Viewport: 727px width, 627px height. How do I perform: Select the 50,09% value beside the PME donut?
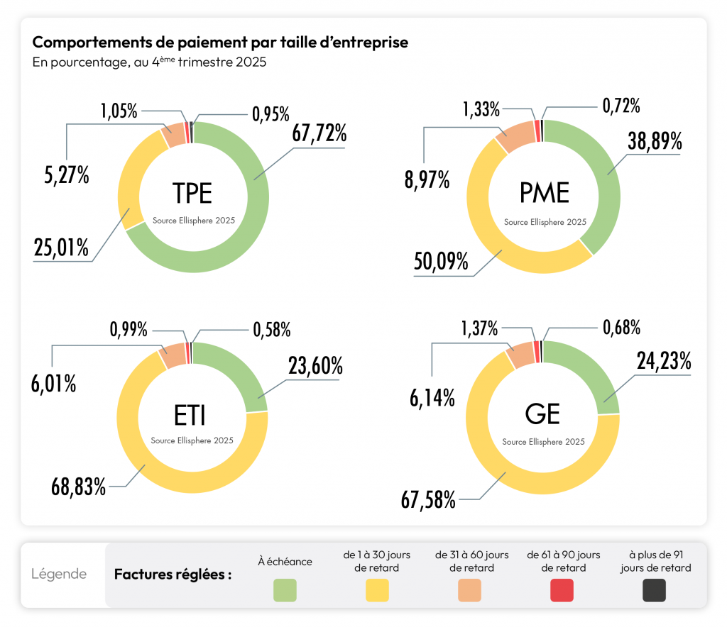[441, 261]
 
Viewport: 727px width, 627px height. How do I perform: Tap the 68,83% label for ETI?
[78, 487]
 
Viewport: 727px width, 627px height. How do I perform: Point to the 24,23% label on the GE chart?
[664, 361]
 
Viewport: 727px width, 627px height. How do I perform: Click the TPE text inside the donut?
[193, 192]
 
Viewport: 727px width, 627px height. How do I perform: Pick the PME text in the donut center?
[545, 192]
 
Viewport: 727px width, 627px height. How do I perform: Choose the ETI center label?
[192, 413]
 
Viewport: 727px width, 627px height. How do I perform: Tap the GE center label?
[543, 413]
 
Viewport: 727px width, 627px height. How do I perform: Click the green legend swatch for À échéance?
[285, 590]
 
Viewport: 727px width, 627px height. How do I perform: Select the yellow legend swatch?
[377, 590]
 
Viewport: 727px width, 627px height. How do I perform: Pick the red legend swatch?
[562, 590]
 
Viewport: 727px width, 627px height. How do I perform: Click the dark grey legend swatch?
[654, 590]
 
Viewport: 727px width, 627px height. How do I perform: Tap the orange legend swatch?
[469, 590]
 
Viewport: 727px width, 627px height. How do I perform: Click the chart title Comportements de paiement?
[220, 43]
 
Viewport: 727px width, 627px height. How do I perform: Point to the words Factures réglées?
[173, 575]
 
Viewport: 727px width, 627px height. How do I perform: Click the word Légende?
[59, 574]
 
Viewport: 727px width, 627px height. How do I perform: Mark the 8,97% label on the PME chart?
[427, 180]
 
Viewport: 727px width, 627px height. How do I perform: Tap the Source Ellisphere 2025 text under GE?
[543, 441]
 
